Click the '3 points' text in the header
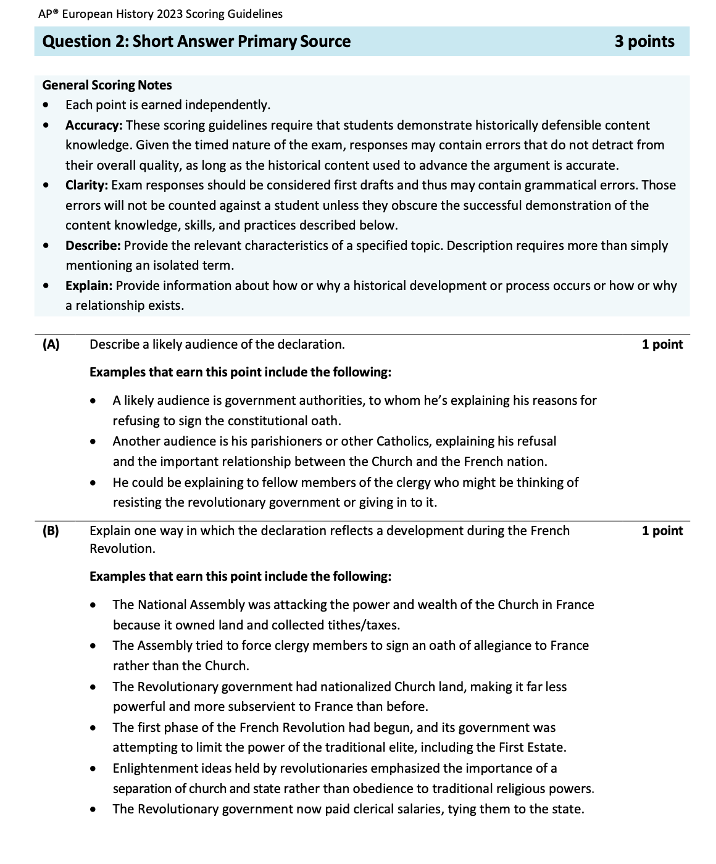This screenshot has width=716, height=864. tap(644, 41)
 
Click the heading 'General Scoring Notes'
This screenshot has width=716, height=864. tap(107, 85)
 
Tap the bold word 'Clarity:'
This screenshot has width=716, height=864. tap(86, 185)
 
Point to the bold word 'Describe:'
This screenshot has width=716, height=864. tap(93, 246)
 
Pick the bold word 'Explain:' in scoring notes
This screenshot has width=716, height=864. tap(89, 286)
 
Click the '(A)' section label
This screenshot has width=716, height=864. tap(51, 344)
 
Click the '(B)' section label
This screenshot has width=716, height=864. tap(51, 531)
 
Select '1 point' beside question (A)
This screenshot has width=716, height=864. tap(662, 344)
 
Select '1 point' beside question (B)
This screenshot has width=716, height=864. tap(662, 531)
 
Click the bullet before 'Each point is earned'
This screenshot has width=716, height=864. tap(46, 106)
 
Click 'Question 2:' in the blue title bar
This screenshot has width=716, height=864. tap(85, 41)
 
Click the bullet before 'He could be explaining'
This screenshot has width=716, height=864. tap(93, 483)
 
